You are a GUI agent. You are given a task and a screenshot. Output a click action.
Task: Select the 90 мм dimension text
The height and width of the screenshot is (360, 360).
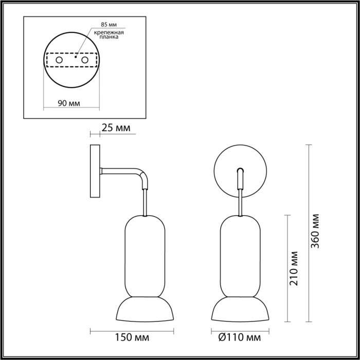(68, 103)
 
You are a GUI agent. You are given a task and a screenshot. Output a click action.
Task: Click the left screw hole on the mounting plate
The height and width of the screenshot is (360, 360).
(59, 61)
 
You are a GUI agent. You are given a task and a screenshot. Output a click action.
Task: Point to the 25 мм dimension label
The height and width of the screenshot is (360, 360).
(115, 127)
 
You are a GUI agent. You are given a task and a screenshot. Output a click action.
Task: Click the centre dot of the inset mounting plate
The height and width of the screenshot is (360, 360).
(76, 57)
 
